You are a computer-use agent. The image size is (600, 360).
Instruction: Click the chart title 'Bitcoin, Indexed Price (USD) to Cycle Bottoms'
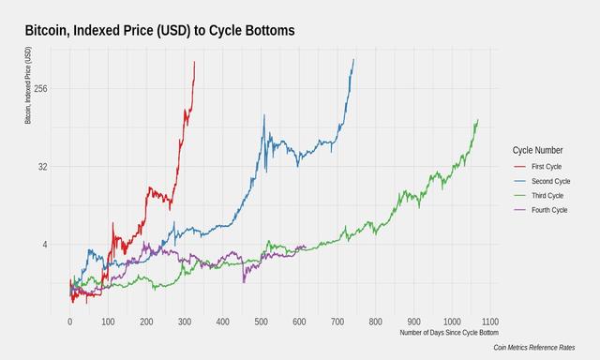point(159,31)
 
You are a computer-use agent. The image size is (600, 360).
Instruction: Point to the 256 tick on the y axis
point(40,89)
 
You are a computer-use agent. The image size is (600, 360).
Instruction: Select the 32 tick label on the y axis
point(43,167)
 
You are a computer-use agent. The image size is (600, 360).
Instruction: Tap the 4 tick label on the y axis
point(46,245)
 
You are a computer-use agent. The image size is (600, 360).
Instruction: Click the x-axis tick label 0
point(69,322)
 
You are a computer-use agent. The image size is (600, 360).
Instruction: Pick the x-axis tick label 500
point(261,322)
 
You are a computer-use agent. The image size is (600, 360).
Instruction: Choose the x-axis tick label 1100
point(489,322)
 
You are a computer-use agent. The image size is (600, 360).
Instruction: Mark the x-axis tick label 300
point(184,322)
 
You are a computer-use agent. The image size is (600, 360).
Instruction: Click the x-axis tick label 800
point(375,322)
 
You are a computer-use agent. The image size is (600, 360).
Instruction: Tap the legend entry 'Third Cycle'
point(548,195)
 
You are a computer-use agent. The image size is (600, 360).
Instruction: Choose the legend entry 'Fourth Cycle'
point(550,210)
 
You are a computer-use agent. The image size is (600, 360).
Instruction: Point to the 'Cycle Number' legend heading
point(538,149)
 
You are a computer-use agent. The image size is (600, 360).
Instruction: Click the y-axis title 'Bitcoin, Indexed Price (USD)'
point(27,86)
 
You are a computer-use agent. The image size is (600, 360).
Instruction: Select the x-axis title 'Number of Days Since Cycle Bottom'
point(448,333)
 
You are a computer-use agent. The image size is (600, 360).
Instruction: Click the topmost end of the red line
point(194,62)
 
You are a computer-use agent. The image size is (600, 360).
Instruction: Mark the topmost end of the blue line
point(353,60)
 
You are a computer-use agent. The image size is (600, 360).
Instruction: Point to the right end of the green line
point(477,120)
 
